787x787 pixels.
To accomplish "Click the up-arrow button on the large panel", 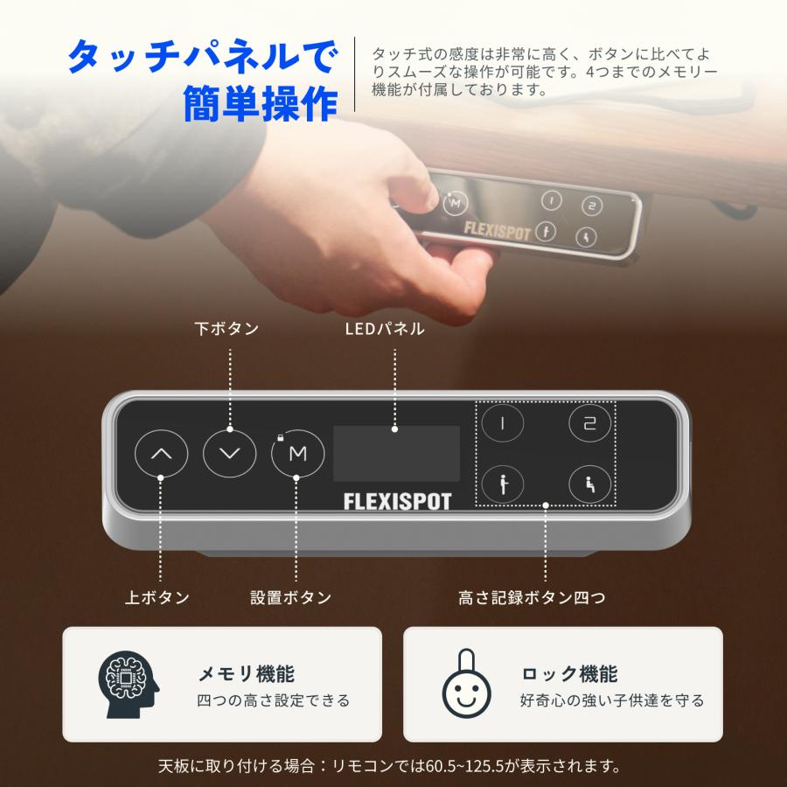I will [x=162, y=453].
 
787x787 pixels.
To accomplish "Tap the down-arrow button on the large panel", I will [x=230, y=453].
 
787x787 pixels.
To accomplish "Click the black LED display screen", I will [x=396, y=453].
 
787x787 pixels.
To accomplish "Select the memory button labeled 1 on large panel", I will [x=503, y=423].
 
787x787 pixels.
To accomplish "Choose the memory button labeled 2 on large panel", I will [x=589, y=423].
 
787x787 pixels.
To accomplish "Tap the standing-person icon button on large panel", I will [x=503, y=483].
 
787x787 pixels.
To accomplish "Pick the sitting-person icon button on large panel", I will [x=589, y=483].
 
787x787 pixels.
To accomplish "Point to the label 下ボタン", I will [x=226, y=329].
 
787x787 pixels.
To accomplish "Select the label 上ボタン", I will [x=157, y=598].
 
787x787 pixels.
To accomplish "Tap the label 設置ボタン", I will [x=291, y=598].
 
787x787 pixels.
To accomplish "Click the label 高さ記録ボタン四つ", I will [x=532, y=598].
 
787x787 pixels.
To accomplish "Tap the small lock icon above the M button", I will [x=281, y=435].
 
